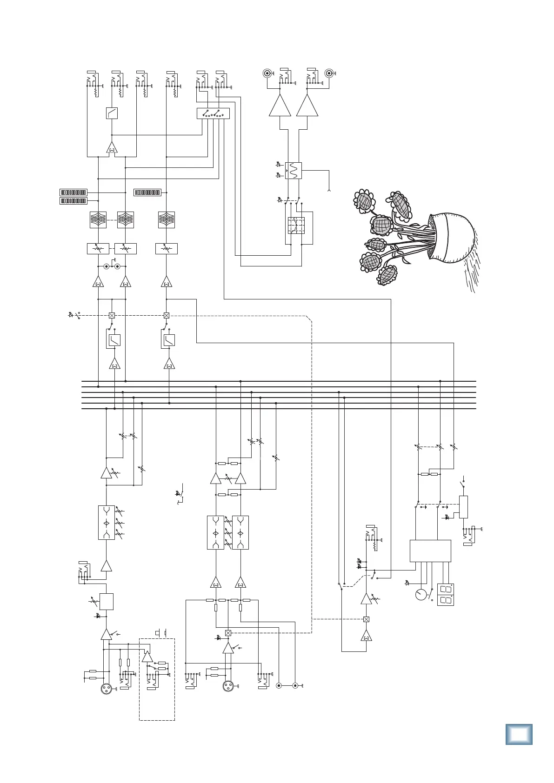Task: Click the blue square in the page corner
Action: tap(518, 735)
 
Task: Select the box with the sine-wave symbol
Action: tap(293, 171)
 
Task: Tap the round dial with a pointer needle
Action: tap(421, 594)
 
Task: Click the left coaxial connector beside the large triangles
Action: tap(267, 73)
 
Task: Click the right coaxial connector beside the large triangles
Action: tap(329, 73)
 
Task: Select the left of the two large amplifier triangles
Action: tap(280, 106)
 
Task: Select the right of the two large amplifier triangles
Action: tap(307, 106)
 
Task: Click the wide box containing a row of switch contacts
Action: tap(213, 113)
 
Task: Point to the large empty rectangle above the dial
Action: tap(430, 551)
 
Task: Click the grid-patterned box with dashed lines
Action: tap(296, 226)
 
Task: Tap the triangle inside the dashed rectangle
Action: tap(147, 657)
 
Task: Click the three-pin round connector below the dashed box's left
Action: tap(107, 690)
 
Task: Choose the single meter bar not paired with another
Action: tap(147, 192)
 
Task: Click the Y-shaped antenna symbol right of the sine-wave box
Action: tap(329, 190)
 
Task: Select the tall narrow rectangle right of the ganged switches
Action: tap(463, 507)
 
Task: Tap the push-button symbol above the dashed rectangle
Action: tap(160, 633)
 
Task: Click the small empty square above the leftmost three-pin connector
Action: tap(107, 601)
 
